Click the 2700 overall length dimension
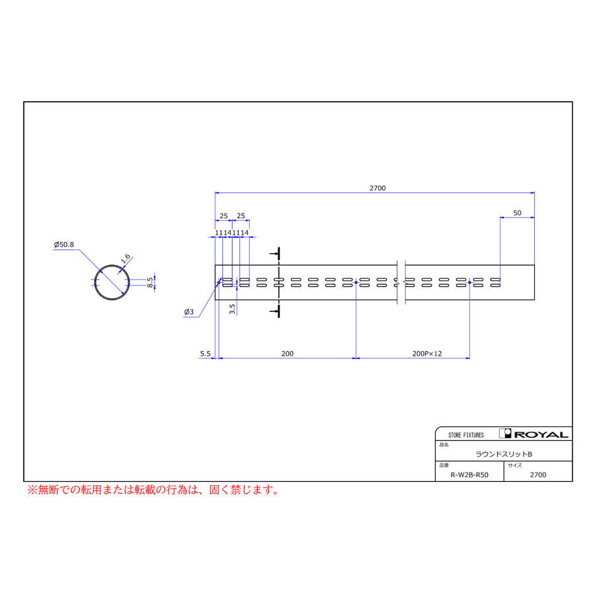pyautogui.click(x=377, y=188)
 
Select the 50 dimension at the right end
pyautogui.click(x=517, y=213)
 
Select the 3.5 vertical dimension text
pyautogui.click(x=232, y=309)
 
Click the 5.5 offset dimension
pyautogui.click(x=205, y=354)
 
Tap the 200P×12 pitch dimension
pyautogui.click(x=426, y=354)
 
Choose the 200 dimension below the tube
pyautogui.click(x=287, y=354)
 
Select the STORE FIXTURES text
pyautogui.click(x=465, y=435)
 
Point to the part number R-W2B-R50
pyautogui.click(x=469, y=475)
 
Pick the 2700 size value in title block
pyautogui.click(x=538, y=475)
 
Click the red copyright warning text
pyautogui.click(x=153, y=490)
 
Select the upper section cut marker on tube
pyautogui.click(x=278, y=254)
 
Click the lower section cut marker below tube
pyautogui.click(x=278, y=310)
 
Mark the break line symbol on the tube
pyautogui.click(x=401, y=282)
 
